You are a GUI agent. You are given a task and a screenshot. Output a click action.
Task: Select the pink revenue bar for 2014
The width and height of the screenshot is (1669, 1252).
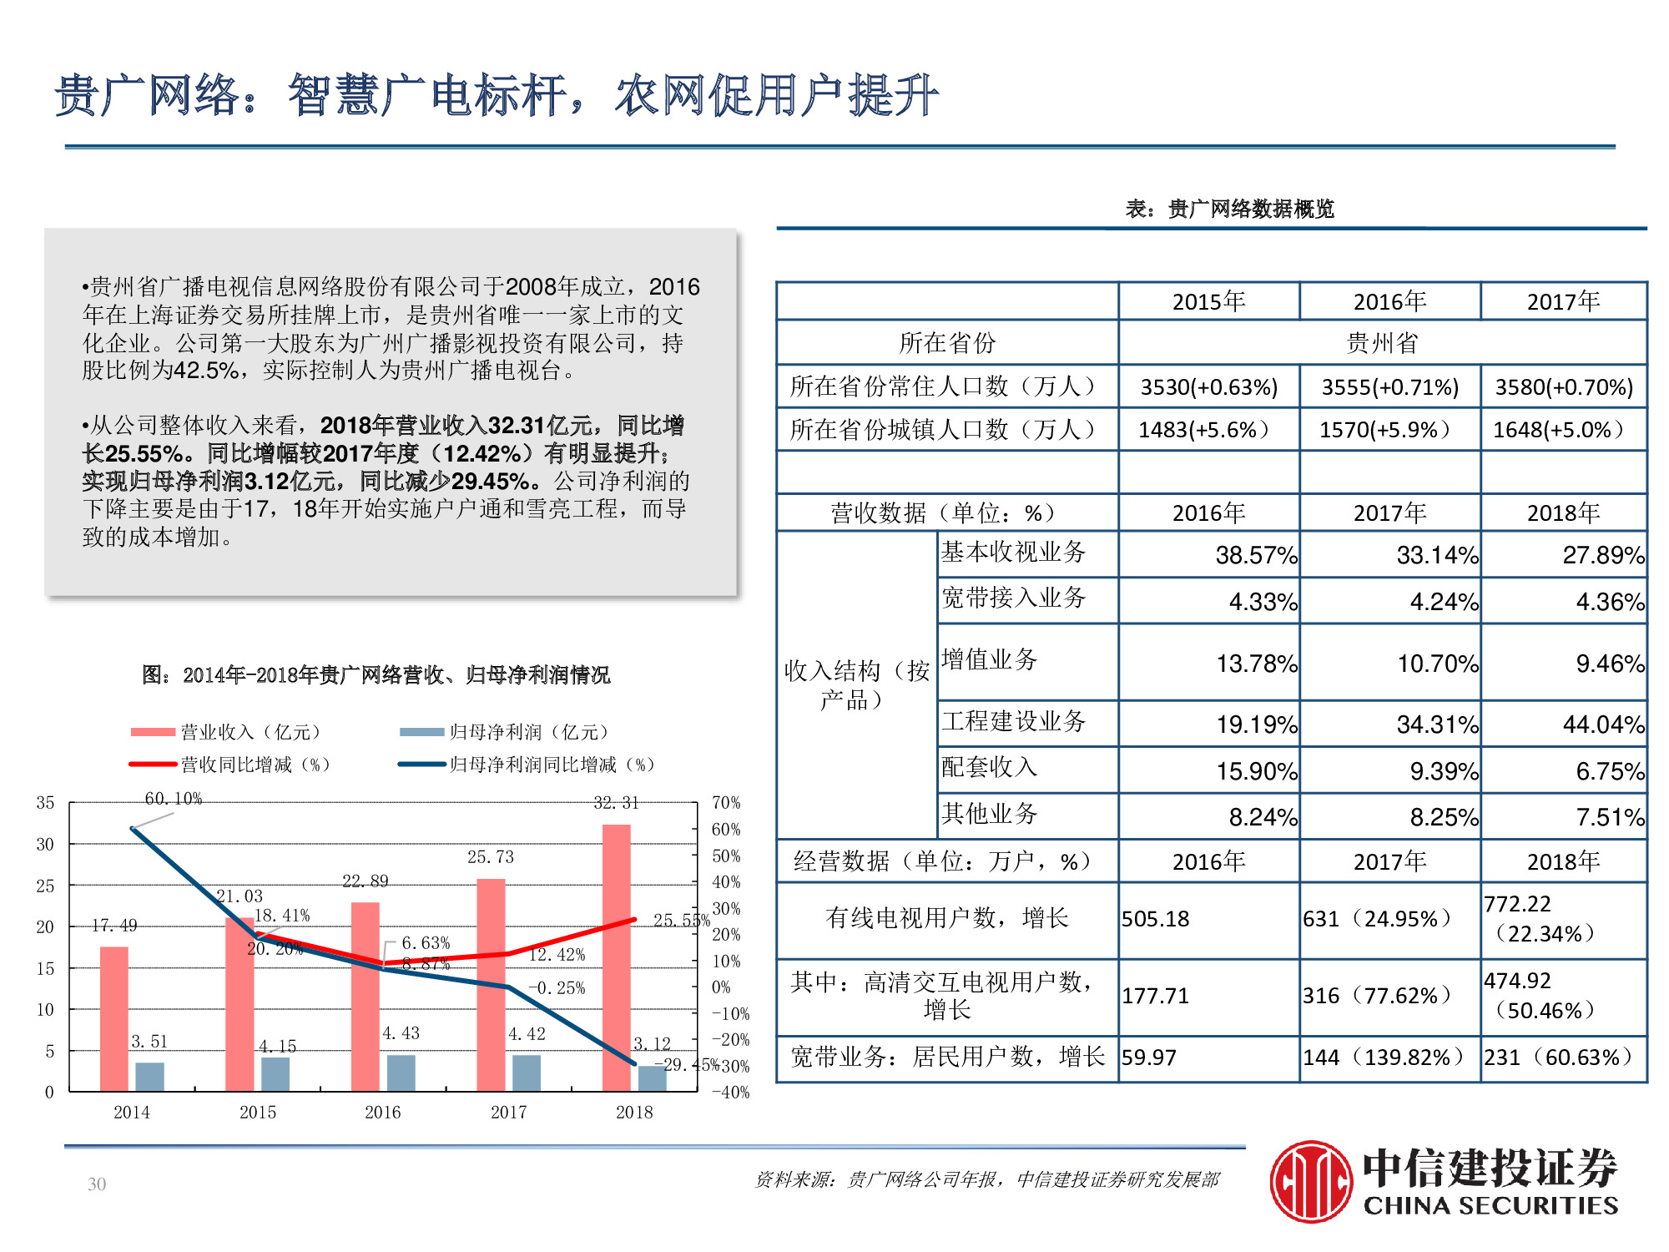point(114,1018)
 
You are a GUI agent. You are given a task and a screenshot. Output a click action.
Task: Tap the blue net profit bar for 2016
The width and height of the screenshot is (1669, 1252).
point(401,1073)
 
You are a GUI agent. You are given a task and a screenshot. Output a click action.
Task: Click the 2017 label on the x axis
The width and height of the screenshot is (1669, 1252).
point(508,1113)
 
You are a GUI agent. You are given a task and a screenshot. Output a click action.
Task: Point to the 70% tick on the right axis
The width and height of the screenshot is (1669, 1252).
point(726,803)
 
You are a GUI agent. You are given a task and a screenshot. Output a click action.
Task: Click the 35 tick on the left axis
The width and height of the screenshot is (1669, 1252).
point(45,803)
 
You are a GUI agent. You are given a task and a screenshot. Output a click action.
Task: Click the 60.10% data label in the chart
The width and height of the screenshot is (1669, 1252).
point(174,799)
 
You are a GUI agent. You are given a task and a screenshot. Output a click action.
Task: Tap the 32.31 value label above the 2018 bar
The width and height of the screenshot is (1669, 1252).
point(616,803)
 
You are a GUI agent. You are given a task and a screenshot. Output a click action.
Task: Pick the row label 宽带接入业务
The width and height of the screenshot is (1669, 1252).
point(1013,598)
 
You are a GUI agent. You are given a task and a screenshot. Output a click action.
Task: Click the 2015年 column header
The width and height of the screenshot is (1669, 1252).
point(1208,301)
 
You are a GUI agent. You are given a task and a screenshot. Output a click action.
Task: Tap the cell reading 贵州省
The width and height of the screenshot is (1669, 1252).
point(1382,342)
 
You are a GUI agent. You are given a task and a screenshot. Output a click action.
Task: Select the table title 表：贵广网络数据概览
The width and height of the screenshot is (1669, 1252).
point(1229,209)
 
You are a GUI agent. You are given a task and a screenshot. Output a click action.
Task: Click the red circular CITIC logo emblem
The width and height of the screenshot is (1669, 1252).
point(1311,1182)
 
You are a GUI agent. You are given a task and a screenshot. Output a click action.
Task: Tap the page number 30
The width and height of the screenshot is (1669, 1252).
point(97,1184)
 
